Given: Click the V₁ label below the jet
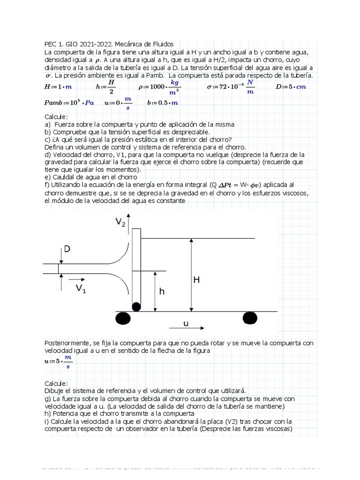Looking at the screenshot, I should point(81,288).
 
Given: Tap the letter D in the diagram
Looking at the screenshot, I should point(67,249).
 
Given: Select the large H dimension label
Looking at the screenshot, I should point(197,280).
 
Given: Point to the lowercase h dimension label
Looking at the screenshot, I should point(162,291).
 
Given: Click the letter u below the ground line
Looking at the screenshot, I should point(186,323).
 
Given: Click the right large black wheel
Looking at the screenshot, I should point(250,318).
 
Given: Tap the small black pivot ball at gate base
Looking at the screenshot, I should point(136,307).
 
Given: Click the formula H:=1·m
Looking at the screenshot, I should point(58,87).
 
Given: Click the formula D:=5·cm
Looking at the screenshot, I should point(291,87).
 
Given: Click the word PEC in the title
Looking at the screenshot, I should point(51,44).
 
